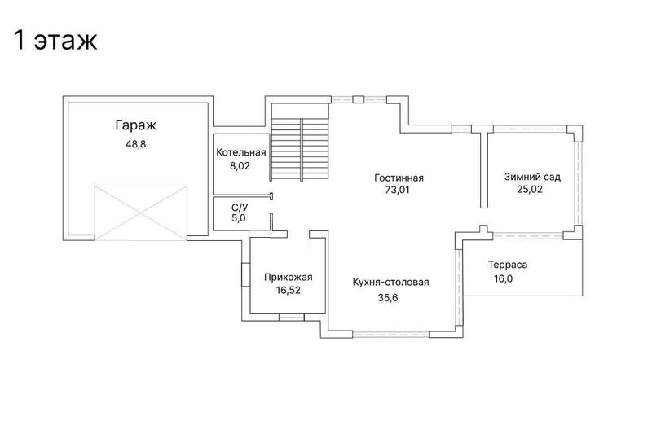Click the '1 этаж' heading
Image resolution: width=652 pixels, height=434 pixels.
tap(55, 40)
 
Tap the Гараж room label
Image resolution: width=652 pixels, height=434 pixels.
tap(135, 125)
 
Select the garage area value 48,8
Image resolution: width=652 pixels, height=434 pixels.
tap(136, 144)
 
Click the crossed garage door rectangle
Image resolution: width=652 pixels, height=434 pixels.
tap(140, 213)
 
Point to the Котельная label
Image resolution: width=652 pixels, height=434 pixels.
tap(240, 152)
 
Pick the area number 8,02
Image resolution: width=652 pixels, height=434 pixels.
tap(240, 166)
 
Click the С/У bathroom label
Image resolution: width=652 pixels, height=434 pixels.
tap(240, 208)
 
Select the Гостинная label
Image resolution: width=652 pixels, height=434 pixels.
tap(399, 178)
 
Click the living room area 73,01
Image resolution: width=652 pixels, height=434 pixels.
tap(397, 190)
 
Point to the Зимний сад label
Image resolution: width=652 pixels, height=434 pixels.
tap(532, 177)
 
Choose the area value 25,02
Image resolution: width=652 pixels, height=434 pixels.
tap(530, 190)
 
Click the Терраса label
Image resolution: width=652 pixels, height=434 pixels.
tap(508, 265)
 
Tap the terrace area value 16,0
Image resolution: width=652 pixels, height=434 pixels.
tap(503, 278)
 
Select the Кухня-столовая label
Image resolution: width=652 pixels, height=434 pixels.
tap(390, 283)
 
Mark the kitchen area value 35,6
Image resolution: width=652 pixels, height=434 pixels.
tap(388, 298)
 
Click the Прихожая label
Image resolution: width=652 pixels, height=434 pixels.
tap(289, 278)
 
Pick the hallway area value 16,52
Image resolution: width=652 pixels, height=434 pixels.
tap(289, 291)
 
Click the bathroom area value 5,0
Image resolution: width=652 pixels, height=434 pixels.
tap(239, 218)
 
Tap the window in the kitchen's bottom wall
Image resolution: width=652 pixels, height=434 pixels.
tap(391, 335)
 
